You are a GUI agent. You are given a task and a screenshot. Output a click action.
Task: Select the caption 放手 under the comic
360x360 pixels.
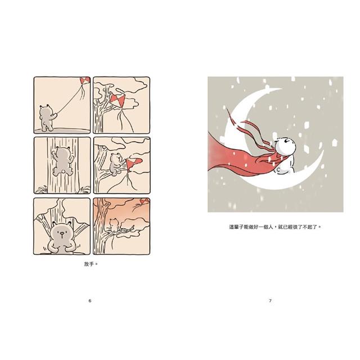(90, 262)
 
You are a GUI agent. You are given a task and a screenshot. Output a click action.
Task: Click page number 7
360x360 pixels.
(270, 301)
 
